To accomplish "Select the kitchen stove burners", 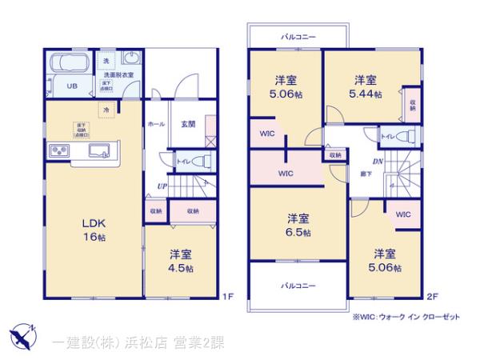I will pos(58,151).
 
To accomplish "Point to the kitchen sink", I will pos(101,150).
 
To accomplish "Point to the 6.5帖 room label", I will pos(298,225).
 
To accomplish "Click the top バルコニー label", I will pos(296,37).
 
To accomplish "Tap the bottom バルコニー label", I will pos(297,286).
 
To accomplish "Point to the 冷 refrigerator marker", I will pos(105,110).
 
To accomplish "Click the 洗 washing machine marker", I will pos(106,62).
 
